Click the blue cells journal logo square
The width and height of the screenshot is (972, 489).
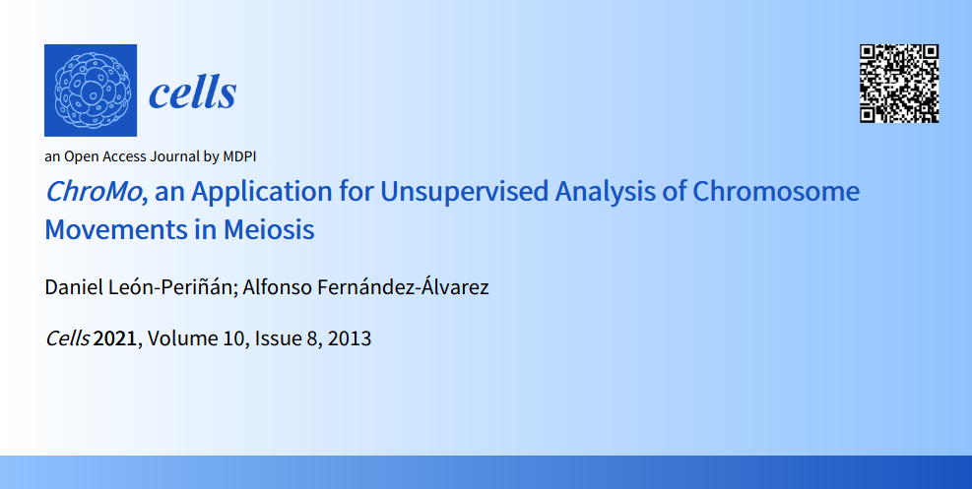(x=91, y=91)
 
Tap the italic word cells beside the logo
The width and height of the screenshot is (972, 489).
(x=193, y=93)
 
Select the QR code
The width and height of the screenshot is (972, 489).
(x=899, y=84)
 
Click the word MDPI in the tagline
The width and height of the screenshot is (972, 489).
(x=239, y=156)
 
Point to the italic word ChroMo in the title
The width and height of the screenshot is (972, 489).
(x=94, y=191)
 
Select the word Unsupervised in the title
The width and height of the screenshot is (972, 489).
(x=464, y=193)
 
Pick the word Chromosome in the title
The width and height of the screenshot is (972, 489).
(x=776, y=191)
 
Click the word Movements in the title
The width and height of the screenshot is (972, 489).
(x=109, y=229)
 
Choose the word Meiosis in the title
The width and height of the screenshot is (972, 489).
(x=269, y=229)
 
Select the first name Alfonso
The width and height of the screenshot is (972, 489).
(x=275, y=287)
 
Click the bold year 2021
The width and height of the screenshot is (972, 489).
(x=114, y=338)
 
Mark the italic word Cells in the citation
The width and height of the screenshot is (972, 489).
(x=68, y=338)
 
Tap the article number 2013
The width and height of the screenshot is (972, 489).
(x=350, y=338)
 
